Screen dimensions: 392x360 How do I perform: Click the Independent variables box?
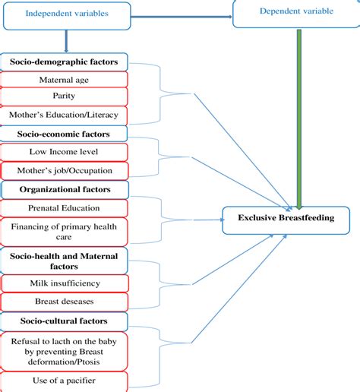pos(68,14)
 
